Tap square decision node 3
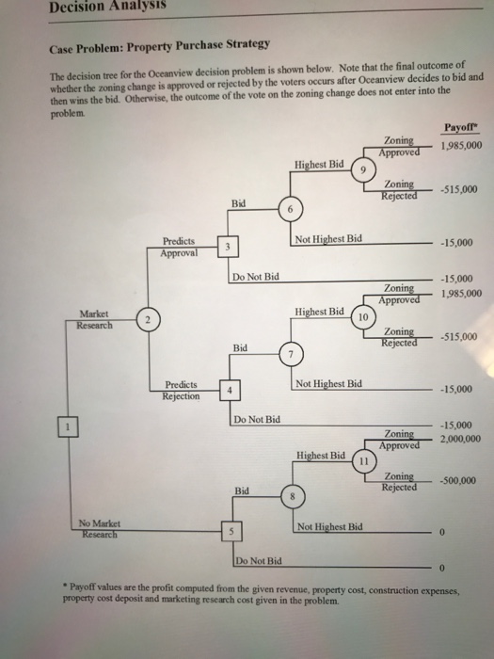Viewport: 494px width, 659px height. click(227, 248)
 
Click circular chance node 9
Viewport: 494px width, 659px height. click(362, 170)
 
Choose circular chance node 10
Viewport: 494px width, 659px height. click(362, 315)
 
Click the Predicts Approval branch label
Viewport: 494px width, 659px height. click(182, 246)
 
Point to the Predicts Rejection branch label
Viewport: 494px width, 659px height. click(182, 389)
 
